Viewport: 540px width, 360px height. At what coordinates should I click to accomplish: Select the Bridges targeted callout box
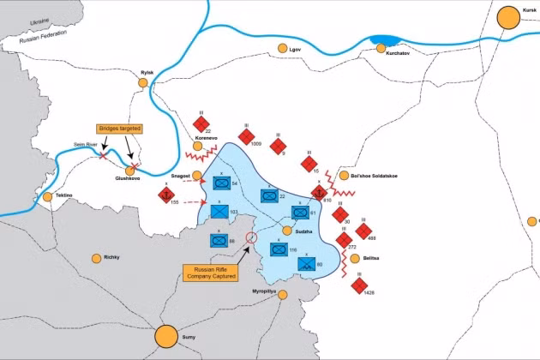(120, 129)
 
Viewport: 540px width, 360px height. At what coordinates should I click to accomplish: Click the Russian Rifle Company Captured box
(209, 273)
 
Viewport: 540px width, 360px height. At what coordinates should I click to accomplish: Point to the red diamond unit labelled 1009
(246, 136)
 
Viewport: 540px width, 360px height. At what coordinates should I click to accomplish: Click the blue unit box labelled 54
(220, 183)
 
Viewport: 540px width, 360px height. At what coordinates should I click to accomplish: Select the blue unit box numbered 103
(219, 210)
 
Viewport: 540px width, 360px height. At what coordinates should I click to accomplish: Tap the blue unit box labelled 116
(279, 249)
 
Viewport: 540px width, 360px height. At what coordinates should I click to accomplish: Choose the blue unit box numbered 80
(306, 264)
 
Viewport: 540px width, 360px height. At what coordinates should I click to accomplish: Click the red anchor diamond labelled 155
(165, 195)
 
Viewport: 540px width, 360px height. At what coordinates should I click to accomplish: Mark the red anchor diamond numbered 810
(315, 193)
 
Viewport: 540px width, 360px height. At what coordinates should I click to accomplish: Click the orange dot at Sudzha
(287, 230)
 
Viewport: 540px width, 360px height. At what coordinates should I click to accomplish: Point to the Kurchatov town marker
(382, 48)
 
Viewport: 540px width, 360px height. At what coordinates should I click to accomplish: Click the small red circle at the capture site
(251, 237)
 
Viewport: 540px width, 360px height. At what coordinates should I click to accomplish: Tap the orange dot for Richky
(97, 257)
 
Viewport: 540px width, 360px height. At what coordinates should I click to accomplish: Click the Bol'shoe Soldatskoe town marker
(345, 176)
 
